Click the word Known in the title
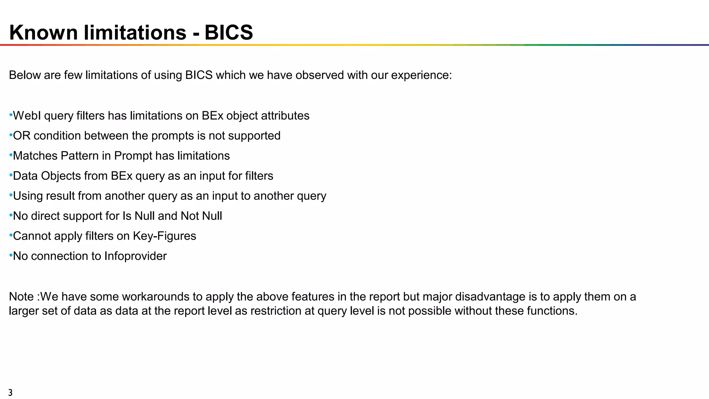tap(43, 33)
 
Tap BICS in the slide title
tap(228, 33)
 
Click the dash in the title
tap(196, 33)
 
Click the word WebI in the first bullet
tap(27, 116)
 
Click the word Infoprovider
tap(135, 256)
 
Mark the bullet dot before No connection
tap(11, 255)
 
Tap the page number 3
tap(10, 393)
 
